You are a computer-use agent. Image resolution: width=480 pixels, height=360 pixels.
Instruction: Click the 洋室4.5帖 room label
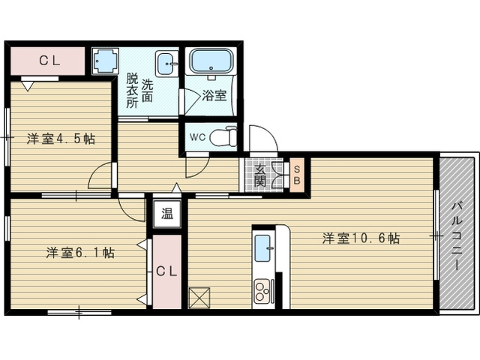pyautogui.click(x=61, y=139)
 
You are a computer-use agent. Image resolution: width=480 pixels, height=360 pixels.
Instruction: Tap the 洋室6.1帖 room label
pyautogui.click(x=80, y=253)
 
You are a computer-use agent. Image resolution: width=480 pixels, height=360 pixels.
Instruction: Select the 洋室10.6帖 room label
pyautogui.click(x=361, y=238)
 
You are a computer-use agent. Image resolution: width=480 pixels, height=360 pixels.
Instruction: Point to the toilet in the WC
pyautogui.click(x=223, y=136)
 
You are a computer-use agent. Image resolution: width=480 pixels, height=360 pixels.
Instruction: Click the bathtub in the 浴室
pyautogui.click(x=211, y=61)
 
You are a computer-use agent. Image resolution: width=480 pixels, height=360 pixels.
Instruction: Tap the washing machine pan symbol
pyautogui.click(x=105, y=61)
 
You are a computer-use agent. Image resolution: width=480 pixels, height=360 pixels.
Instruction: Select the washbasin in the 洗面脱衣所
pyautogui.click(x=166, y=64)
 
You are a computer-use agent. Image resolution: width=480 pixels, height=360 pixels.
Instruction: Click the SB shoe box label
pyautogui.click(x=297, y=175)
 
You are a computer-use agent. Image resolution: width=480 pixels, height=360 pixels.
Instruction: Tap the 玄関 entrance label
pyautogui.click(x=260, y=175)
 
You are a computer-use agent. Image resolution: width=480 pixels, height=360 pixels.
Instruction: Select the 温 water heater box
pyautogui.click(x=167, y=214)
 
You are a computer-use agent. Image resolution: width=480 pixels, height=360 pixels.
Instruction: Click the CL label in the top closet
pyautogui.click(x=49, y=61)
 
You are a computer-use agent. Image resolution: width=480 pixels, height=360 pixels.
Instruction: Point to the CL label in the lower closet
pyautogui.click(x=166, y=271)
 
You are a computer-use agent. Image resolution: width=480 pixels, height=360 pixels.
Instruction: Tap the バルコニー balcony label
pyautogui.click(x=458, y=235)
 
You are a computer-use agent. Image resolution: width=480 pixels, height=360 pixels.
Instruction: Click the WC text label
pyautogui.click(x=197, y=137)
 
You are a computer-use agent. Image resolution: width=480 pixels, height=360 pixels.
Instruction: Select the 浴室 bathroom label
pyautogui.click(x=214, y=95)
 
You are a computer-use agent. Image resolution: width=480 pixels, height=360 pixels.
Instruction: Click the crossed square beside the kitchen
pyautogui.click(x=199, y=298)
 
